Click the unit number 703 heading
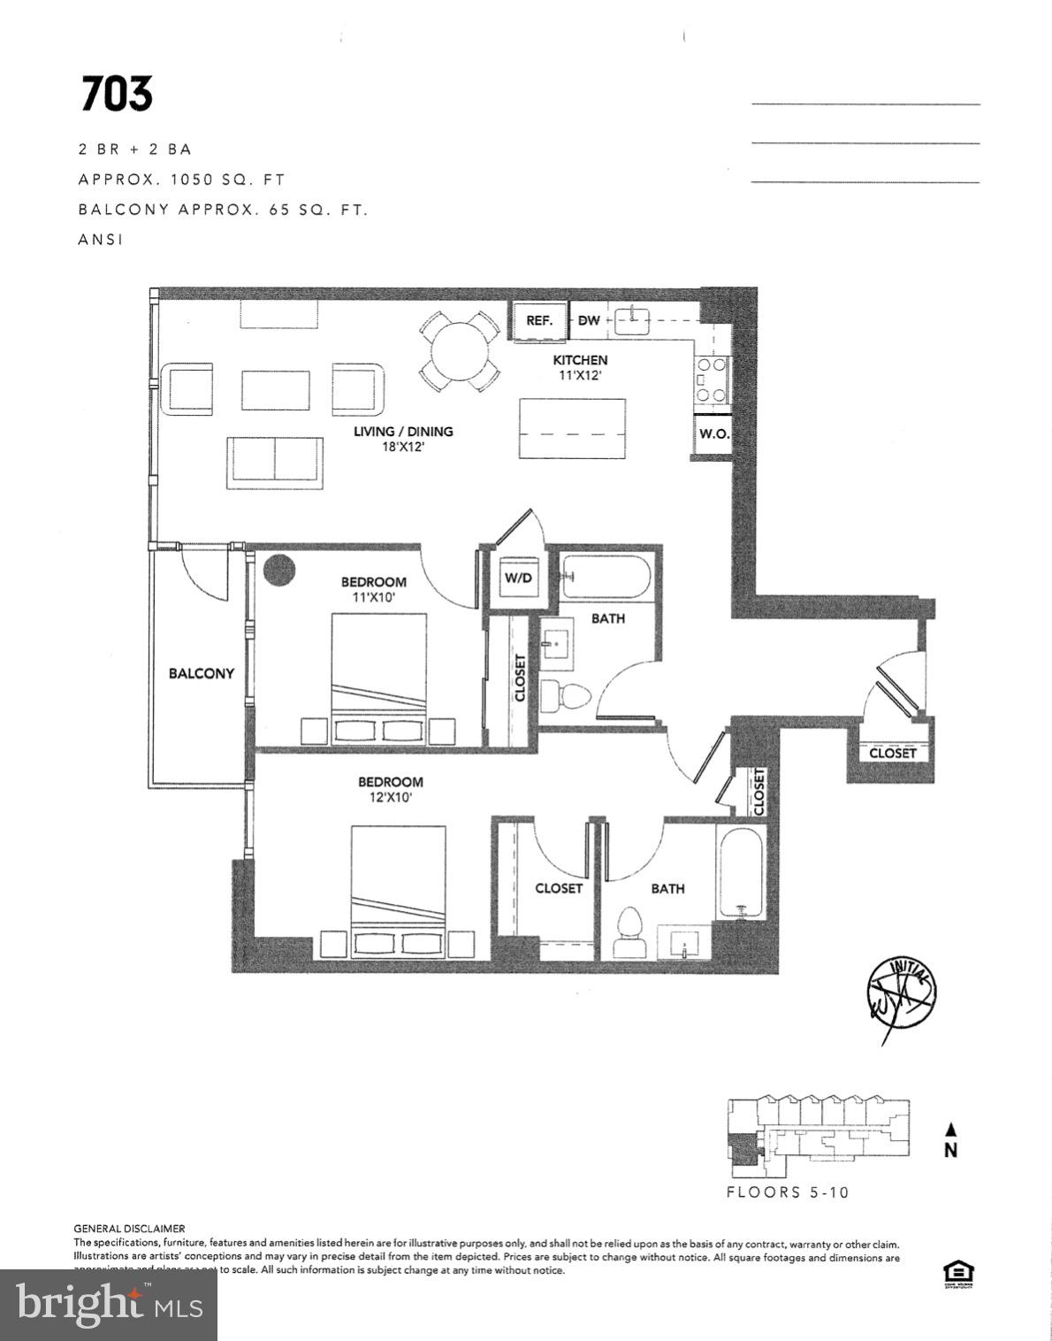[x=117, y=95]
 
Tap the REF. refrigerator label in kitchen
[x=539, y=320]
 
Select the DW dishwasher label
[x=589, y=320]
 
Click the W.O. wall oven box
[x=713, y=434]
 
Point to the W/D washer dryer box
[x=518, y=578]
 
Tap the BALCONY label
[x=202, y=673]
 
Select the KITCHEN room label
[x=580, y=360]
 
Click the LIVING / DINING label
[x=403, y=432]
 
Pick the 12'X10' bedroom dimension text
[x=390, y=797]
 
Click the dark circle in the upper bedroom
[x=278, y=570]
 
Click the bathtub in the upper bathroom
[x=607, y=577]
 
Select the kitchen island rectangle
[x=572, y=428]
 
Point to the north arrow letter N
[x=951, y=1151]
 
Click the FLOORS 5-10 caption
[x=787, y=1192]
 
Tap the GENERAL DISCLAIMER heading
[x=129, y=1229]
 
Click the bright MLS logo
[x=109, y=1306]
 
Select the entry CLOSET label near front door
[x=892, y=753]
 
